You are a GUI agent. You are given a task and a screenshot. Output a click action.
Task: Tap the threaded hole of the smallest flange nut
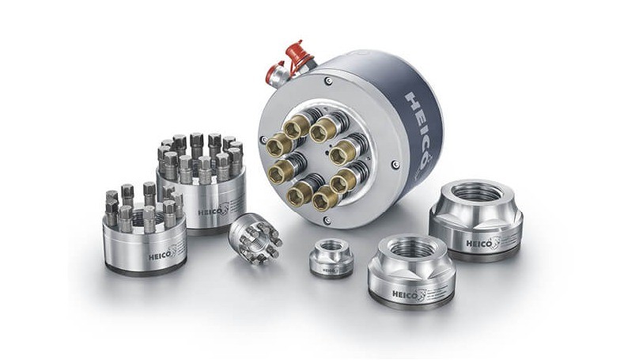[331, 247]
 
